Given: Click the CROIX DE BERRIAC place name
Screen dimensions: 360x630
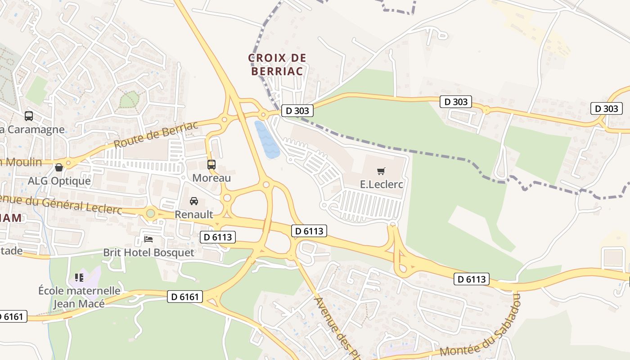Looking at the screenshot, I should [x=277, y=64].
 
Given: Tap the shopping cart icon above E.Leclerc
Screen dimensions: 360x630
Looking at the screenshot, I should [x=381, y=171].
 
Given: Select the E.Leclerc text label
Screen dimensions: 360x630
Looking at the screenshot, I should [x=381, y=184].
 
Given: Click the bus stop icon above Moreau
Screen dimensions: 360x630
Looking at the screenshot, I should [x=211, y=165].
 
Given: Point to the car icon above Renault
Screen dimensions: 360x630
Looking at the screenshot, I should [x=194, y=201].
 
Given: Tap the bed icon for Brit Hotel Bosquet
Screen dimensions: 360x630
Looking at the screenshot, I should [x=148, y=239].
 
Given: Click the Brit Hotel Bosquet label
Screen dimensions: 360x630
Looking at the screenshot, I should [x=149, y=252].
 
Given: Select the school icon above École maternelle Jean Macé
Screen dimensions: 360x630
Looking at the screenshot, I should [x=79, y=277].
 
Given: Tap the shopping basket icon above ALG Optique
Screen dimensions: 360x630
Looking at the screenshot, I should [x=59, y=168].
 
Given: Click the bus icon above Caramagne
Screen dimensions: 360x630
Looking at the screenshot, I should [x=29, y=116].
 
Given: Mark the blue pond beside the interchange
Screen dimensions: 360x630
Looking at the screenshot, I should [x=266, y=139].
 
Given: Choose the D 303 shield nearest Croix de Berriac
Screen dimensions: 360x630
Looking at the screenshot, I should [x=297, y=111].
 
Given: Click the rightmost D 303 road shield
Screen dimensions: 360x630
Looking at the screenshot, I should [x=607, y=108].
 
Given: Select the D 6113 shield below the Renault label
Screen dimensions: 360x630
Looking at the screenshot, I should [x=217, y=237].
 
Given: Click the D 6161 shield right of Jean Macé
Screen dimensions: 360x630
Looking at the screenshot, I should [x=185, y=297].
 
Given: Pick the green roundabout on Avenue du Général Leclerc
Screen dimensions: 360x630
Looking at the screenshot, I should [x=151, y=213].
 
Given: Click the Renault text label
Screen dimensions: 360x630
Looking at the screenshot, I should [x=194, y=214].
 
